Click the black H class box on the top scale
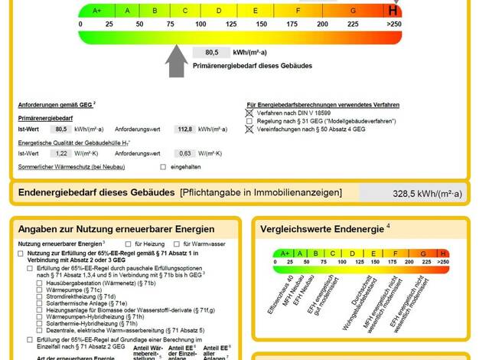393,11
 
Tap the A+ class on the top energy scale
96,11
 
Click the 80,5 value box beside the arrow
212,52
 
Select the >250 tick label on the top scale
393,24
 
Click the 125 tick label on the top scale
230,24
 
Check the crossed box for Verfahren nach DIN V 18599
249,113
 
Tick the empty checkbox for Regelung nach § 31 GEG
249,121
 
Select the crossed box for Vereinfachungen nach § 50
249,129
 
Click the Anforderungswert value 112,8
184,129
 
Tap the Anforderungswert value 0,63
184,153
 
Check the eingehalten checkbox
163,166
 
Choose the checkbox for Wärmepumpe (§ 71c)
40,290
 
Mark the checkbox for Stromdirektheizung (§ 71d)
40,296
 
